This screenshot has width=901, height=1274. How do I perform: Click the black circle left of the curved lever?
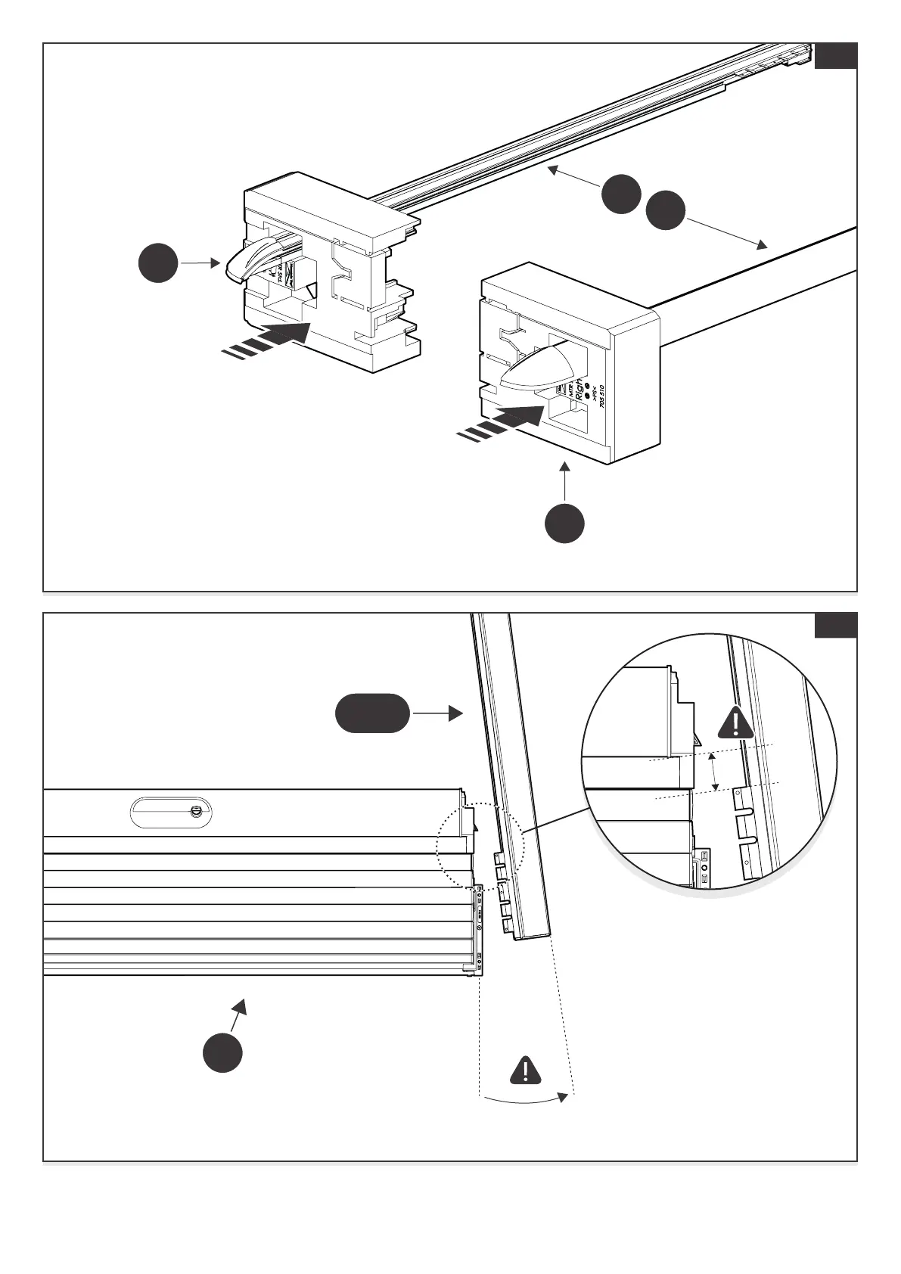click(159, 263)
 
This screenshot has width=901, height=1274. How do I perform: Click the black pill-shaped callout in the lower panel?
click(372, 713)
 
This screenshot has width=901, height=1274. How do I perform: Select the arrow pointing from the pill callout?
click(439, 713)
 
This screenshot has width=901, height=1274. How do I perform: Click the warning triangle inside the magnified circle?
click(733, 722)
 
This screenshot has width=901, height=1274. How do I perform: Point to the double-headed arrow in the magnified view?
click(713, 772)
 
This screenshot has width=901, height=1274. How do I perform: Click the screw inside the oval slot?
click(195, 812)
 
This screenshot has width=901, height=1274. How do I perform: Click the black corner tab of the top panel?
click(836, 56)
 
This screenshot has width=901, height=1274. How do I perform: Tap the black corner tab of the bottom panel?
click(836, 626)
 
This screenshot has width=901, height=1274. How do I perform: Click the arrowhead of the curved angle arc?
click(562, 1096)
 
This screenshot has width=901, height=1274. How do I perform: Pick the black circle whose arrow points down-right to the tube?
click(666, 212)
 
